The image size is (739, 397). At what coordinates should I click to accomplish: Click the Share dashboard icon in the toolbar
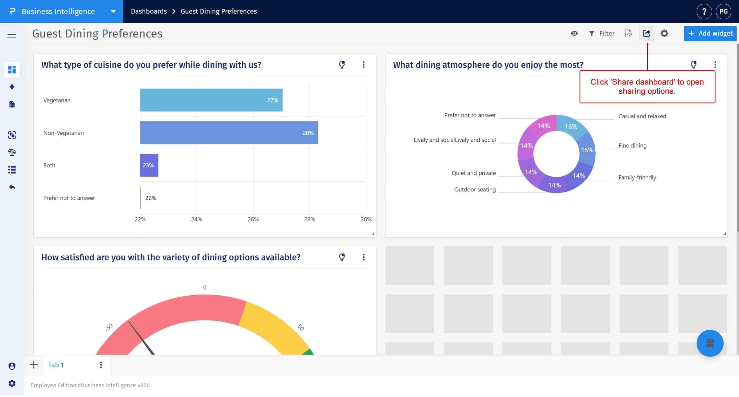coord(646,34)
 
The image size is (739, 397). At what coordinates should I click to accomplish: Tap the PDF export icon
coord(628,34)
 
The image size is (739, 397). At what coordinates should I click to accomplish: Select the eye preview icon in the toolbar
coord(574,34)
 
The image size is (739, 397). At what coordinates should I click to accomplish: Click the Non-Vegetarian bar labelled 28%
coord(229,133)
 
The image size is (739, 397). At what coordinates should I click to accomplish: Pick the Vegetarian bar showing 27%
coord(211,100)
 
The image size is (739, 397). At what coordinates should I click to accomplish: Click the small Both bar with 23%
coord(149,165)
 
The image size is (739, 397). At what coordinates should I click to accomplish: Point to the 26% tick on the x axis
coord(253,219)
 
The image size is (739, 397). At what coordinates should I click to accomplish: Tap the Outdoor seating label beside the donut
coord(474,190)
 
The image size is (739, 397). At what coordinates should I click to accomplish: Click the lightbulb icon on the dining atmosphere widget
coord(693,65)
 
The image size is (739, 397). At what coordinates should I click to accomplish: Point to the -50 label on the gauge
coord(109,327)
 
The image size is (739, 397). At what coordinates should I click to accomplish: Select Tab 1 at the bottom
coord(56,365)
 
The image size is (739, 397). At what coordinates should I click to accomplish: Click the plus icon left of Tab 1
coord(34,365)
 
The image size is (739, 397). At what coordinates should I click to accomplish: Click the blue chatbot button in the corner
coord(709,343)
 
